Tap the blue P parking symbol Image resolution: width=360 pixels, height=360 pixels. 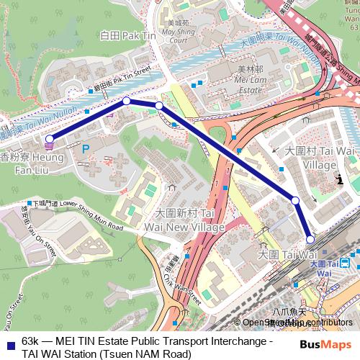86,148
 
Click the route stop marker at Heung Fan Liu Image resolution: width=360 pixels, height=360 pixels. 50,139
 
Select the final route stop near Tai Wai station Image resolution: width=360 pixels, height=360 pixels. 310,239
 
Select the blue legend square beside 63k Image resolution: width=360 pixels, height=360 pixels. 9,341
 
